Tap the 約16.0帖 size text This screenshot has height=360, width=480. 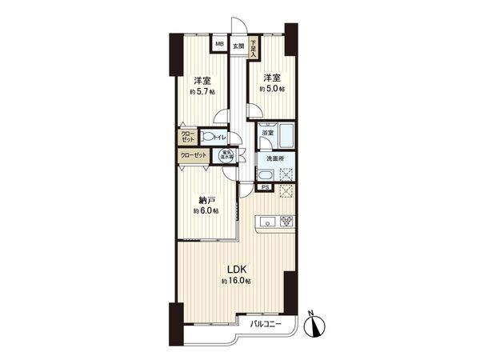pyautogui.click(x=237, y=282)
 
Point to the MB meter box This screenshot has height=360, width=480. pyautogui.click(x=219, y=46)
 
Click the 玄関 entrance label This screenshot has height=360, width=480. pyautogui.click(x=238, y=46)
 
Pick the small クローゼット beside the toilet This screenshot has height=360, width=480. pyautogui.click(x=186, y=136)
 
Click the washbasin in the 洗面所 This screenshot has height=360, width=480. pyautogui.click(x=264, y=175)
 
